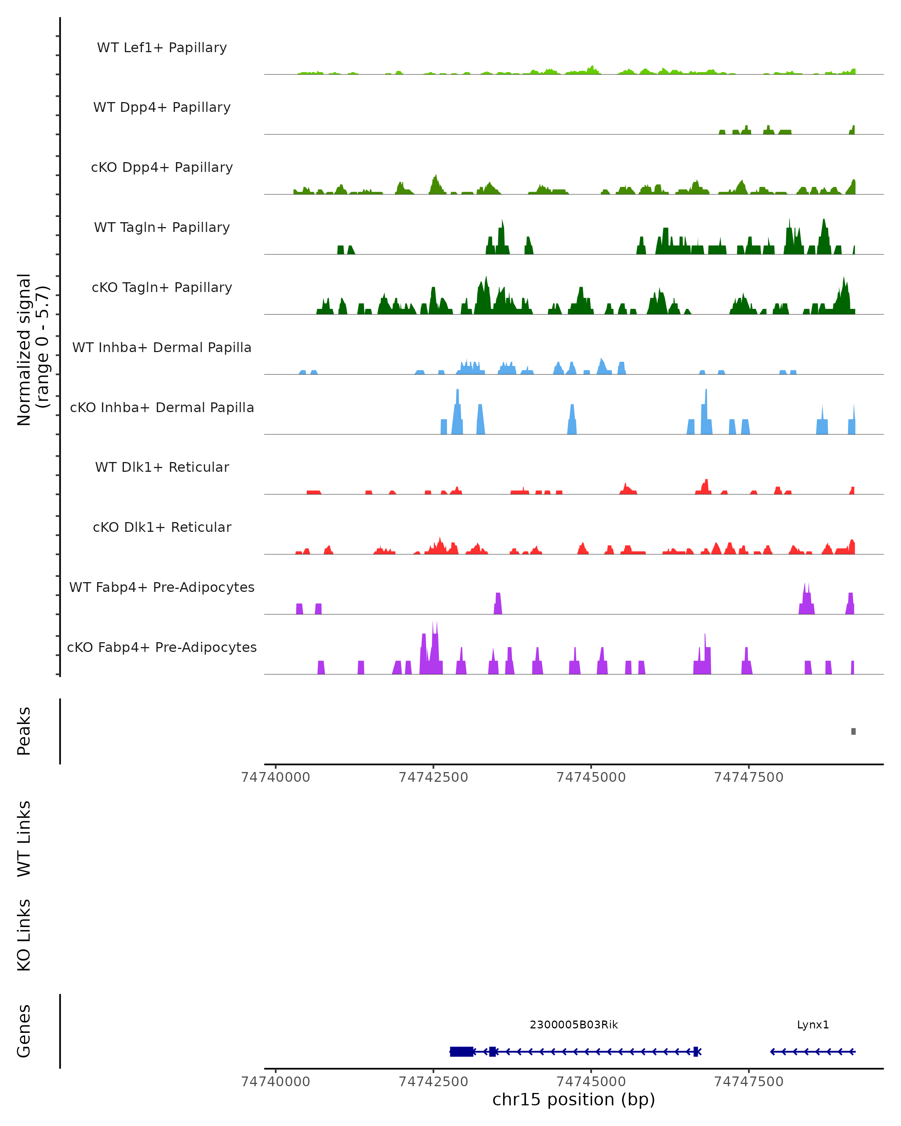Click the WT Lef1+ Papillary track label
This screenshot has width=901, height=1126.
(162, 48)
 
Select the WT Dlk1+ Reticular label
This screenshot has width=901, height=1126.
(162, 467)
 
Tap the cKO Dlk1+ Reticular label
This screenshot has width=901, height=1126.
(162, 527)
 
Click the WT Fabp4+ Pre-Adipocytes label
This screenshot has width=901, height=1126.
(162, 587)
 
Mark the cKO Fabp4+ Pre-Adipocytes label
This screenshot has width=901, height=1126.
(162, 647)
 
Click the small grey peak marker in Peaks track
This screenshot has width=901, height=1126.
(853, 731)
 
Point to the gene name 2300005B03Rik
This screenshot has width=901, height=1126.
(574, 1025)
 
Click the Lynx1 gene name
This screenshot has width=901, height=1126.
(813, 1025)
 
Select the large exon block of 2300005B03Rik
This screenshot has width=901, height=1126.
(462, 1051)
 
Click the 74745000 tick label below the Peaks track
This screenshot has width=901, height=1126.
(591, 777)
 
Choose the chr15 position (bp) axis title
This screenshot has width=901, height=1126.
(574, 1100)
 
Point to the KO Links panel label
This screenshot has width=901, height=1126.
(24, 935)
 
